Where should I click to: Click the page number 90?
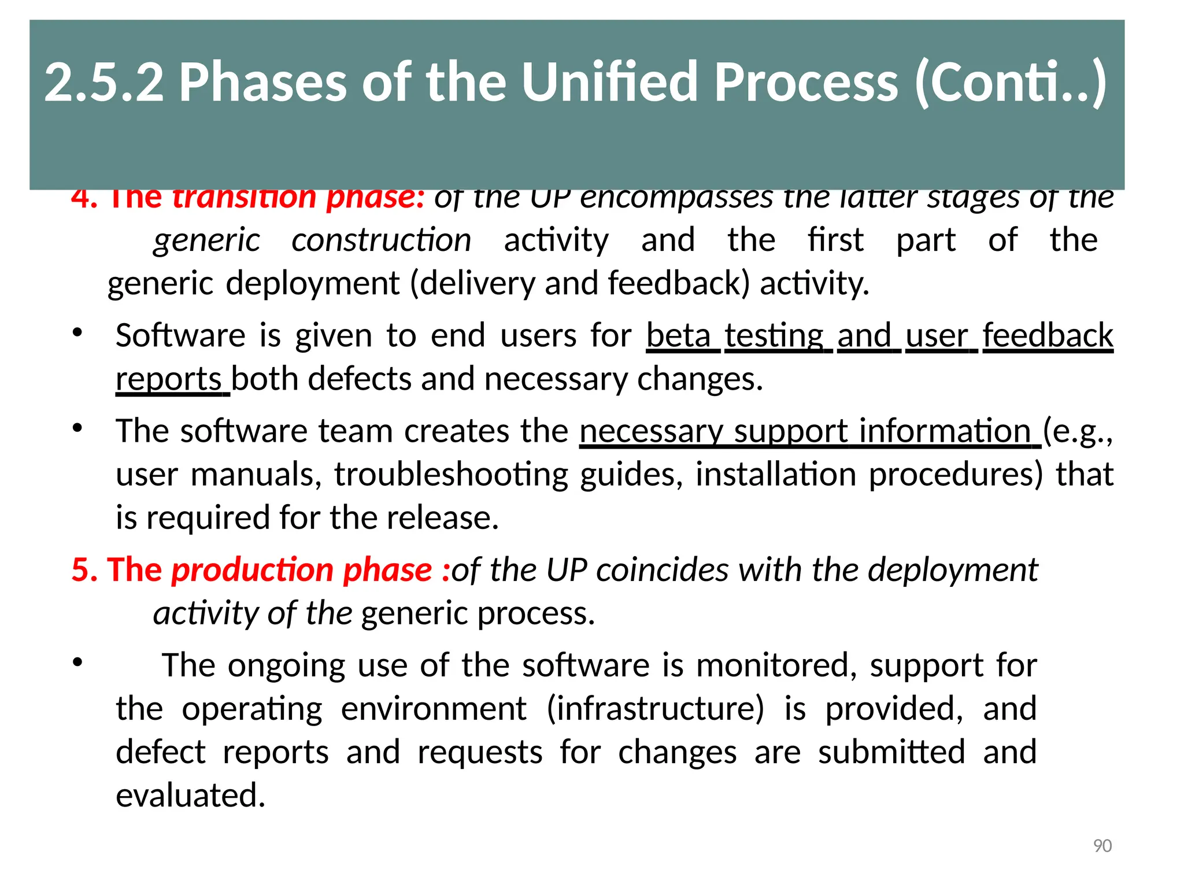1102,846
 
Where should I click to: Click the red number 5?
81,570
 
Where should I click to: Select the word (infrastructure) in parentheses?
655,709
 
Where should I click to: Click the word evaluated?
190,795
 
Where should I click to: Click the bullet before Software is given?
77,334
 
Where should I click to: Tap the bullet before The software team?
77,429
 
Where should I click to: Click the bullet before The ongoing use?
77,663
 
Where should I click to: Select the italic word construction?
381,240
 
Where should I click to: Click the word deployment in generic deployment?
312,284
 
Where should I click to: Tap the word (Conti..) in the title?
1011,82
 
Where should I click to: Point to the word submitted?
891,752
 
